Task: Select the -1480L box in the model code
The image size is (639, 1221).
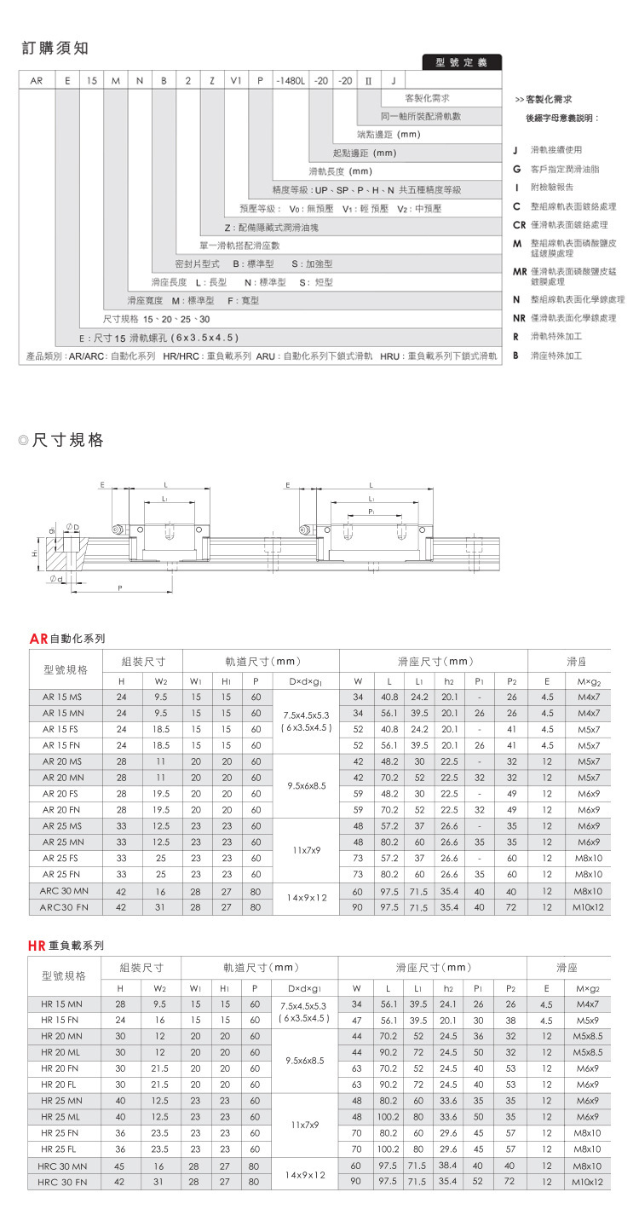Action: tap(289, 81)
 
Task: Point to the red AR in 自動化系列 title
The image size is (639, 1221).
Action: tap(38, 638)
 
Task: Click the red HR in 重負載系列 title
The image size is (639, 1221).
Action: tap(37, 946)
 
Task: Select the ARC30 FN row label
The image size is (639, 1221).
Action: tap(64, 907)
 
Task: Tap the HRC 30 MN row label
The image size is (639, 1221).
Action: tap(63, 1166)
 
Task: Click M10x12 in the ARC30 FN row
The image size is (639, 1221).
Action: tap(589, 907)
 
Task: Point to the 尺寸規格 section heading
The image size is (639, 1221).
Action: tap(68, 441)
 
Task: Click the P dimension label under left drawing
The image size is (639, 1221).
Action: tap(120, 588)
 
